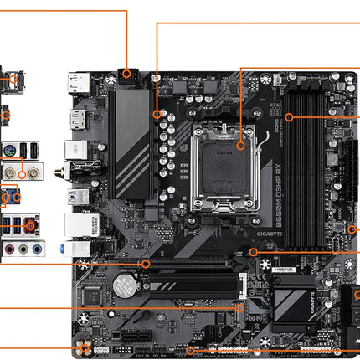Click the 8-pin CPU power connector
(127, 73)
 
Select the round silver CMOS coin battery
(126, 287)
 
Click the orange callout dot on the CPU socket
(240, 145)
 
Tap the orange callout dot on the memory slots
(287, 116)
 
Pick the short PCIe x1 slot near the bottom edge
(131, 341)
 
